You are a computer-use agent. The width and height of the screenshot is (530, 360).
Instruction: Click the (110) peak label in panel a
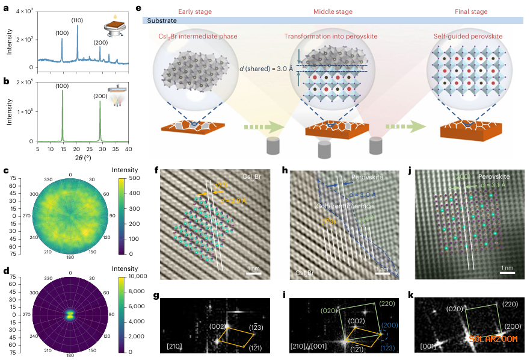(78, 20)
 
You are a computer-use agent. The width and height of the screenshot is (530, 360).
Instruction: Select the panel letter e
(140, 8)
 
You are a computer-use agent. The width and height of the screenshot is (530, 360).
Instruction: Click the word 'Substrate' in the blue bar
(163, 20)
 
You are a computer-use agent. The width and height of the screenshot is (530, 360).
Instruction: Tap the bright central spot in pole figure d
(70, 314)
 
